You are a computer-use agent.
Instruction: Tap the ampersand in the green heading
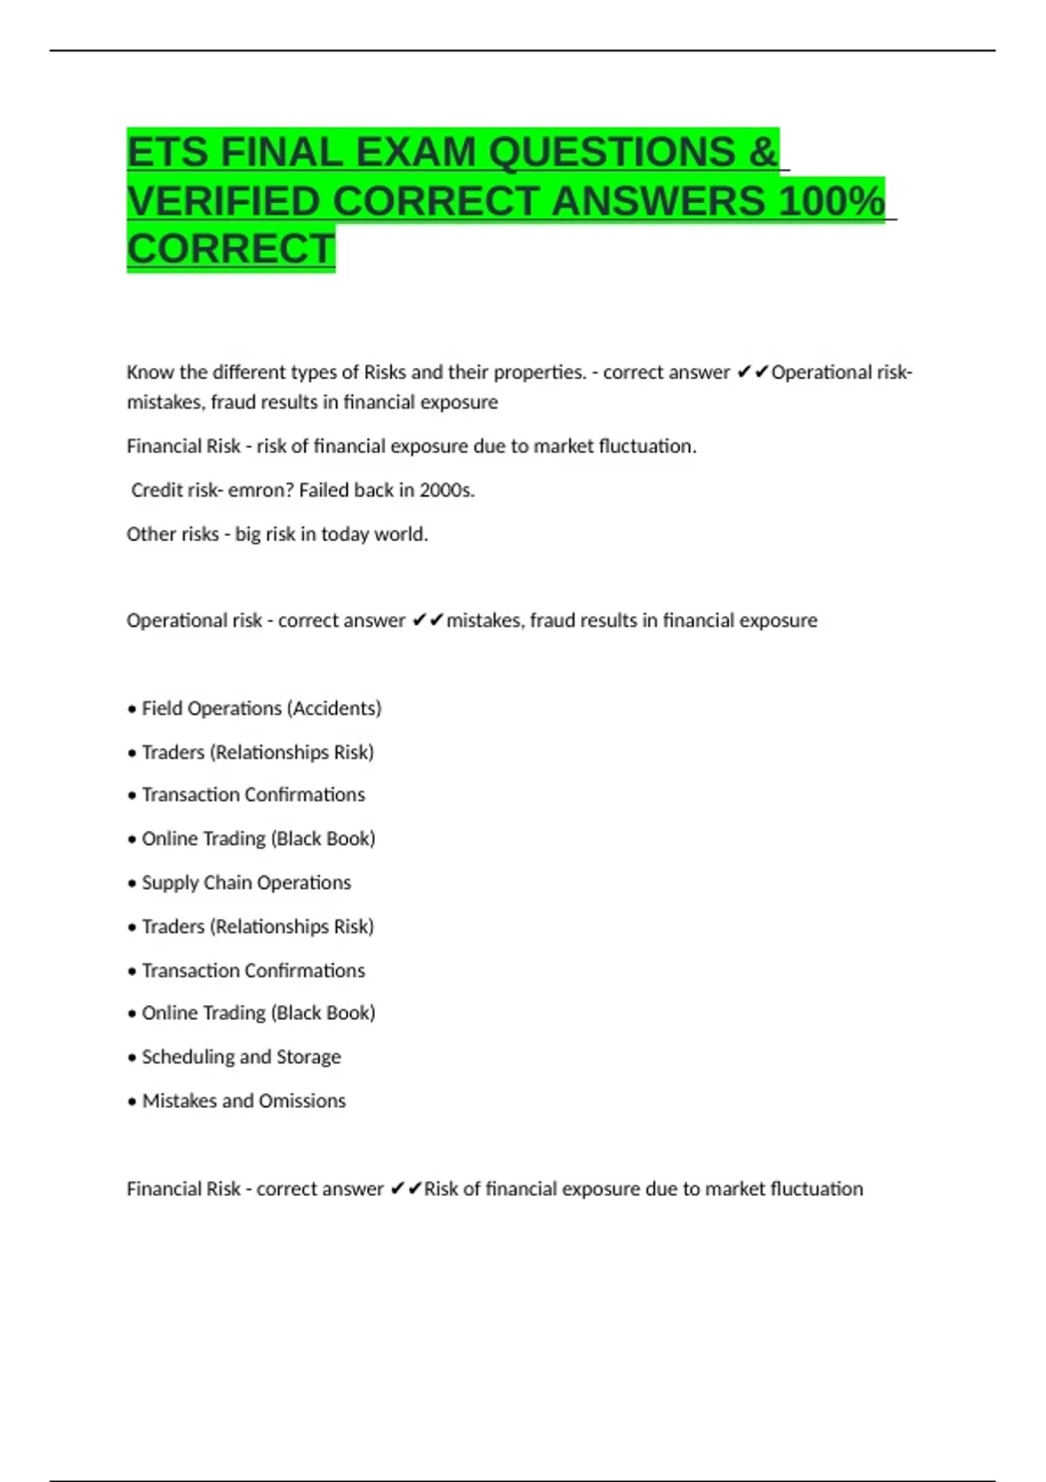click(x=762, y=153)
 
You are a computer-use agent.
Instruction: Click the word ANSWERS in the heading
click(x=657, y=201)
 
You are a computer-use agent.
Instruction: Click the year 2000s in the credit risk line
click(x=446, y=490)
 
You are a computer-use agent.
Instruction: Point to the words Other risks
click(x=173, y=534)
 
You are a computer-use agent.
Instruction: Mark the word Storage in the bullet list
click(x=309, y=1057)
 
